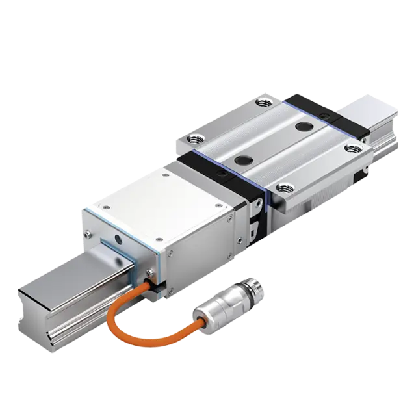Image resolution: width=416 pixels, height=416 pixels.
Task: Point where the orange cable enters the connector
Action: [201, 320]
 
